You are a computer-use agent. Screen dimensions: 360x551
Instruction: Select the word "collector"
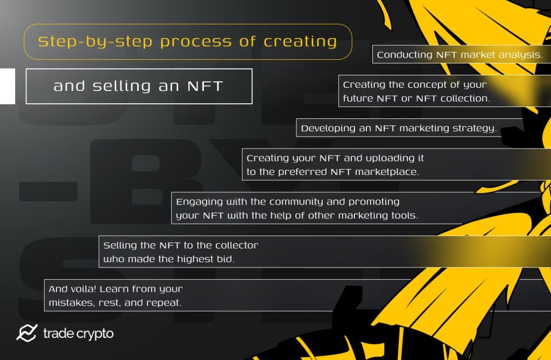236,245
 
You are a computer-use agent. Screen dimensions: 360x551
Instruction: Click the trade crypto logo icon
26,334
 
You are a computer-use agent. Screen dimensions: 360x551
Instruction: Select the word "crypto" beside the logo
94,334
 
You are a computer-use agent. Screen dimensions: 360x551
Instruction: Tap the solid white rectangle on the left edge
7,86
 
